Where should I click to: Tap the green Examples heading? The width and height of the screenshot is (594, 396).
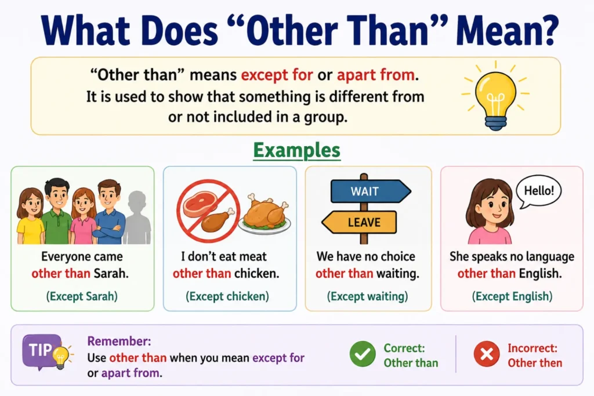296,150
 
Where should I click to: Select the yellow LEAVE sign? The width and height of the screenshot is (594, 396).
359,222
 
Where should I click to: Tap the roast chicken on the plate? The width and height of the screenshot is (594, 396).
265,215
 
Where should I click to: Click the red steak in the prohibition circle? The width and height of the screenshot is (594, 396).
200,204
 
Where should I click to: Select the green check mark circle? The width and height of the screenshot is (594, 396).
363,354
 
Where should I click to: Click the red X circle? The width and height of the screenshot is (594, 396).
487,354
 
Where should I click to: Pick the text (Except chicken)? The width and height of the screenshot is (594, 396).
227,296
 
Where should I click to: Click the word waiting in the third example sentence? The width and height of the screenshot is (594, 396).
397,273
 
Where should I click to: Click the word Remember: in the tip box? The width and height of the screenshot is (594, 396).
119,341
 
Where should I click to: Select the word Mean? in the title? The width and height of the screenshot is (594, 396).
507,30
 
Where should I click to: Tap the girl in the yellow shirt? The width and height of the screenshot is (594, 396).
30,216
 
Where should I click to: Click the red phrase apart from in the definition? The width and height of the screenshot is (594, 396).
376,75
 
